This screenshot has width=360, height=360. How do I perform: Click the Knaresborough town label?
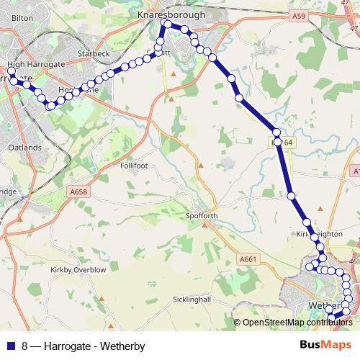click(x=171, y=14)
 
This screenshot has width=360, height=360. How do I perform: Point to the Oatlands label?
click(x=24, y=147)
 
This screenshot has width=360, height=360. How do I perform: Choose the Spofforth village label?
click(x=201, y=215)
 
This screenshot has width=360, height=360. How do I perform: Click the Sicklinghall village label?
click(x=190, y=299)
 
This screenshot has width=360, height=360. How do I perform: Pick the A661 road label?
click(x=248, y=259)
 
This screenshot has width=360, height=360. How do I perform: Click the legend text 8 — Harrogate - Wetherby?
click(x=83, y=346)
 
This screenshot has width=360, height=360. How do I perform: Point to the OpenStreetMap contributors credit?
click(x=294, y=323)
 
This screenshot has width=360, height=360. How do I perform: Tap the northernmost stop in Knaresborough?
click(x=167, y=24)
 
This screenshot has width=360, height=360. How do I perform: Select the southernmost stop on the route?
click(x=331, y=318)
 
